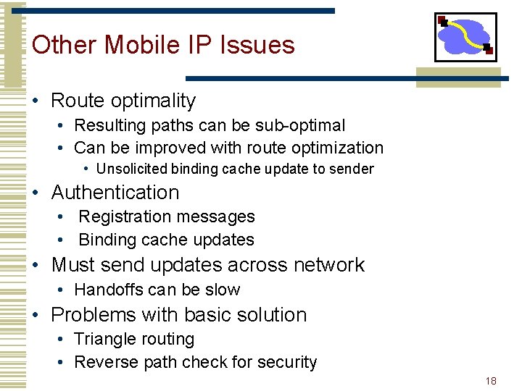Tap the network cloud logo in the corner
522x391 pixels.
(465, 37)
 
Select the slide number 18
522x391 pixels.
(491, 380)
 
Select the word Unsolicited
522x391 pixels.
(130, 169)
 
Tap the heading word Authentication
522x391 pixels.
(115, 193)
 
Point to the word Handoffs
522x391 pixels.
(105, 290)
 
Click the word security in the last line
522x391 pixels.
(289, 362)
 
